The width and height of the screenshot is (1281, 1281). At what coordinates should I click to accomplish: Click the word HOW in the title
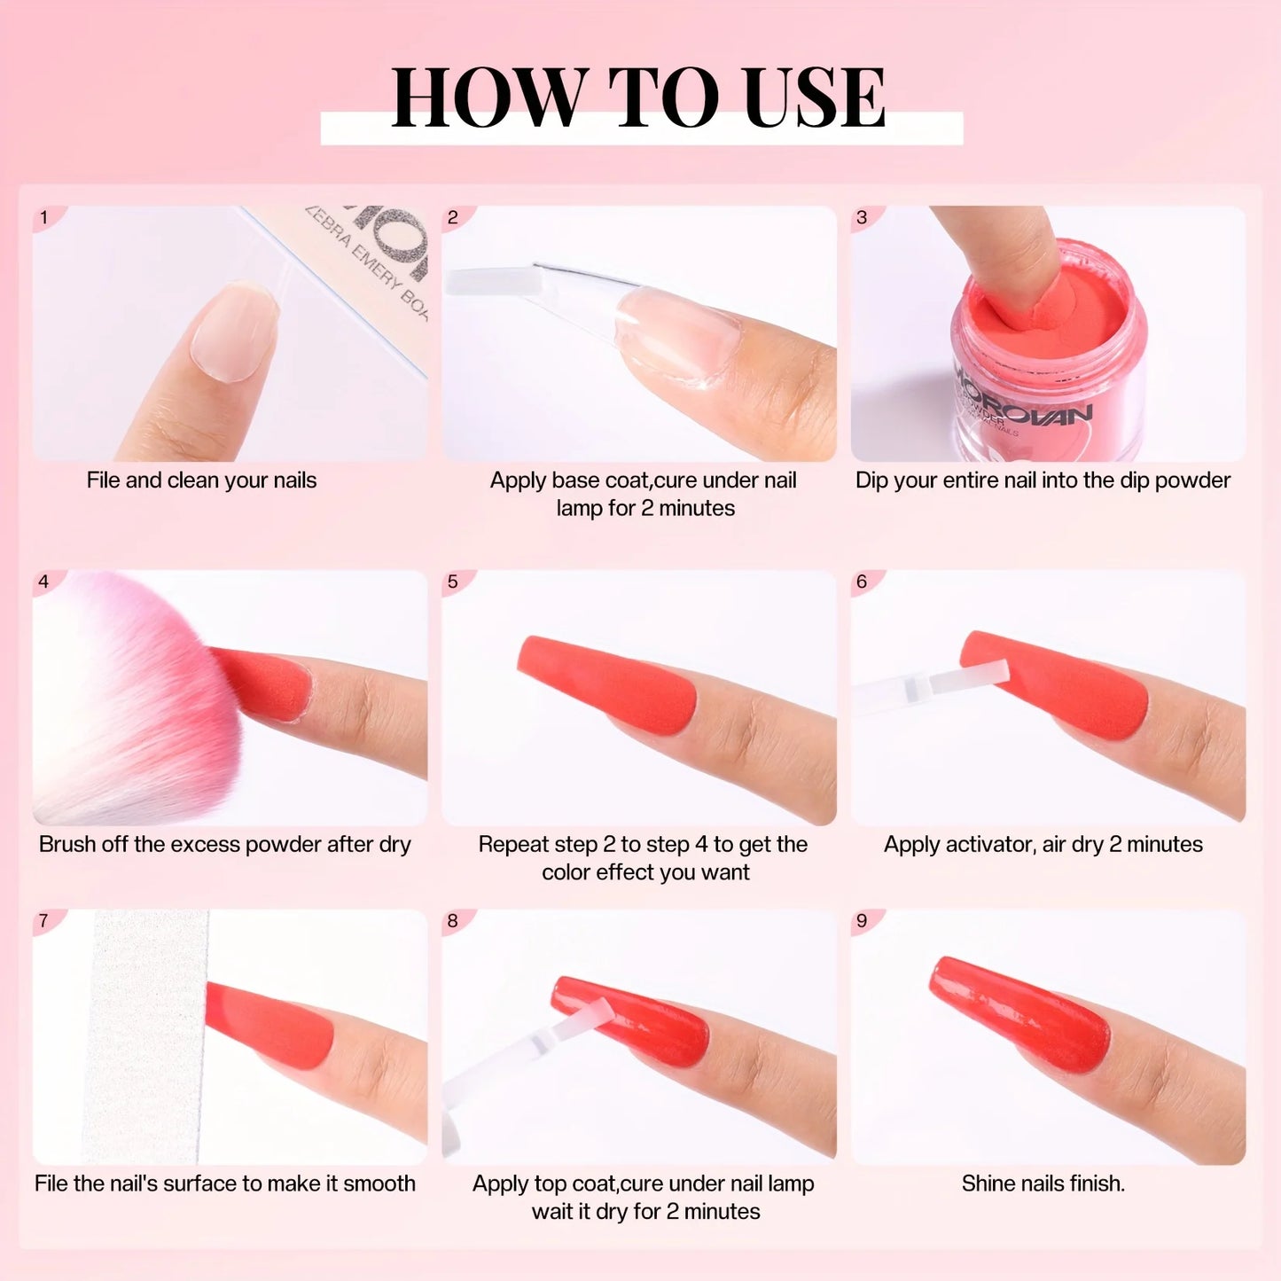point(485,98)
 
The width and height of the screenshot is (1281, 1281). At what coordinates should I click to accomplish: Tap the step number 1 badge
point(43,217)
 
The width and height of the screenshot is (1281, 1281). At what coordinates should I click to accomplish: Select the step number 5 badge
point(453,582)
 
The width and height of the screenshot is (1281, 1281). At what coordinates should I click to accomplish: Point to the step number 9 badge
point(862,921)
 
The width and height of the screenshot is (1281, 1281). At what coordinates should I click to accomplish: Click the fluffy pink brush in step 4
point(124,700)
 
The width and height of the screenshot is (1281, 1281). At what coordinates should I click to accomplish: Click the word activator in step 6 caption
point(991,845)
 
